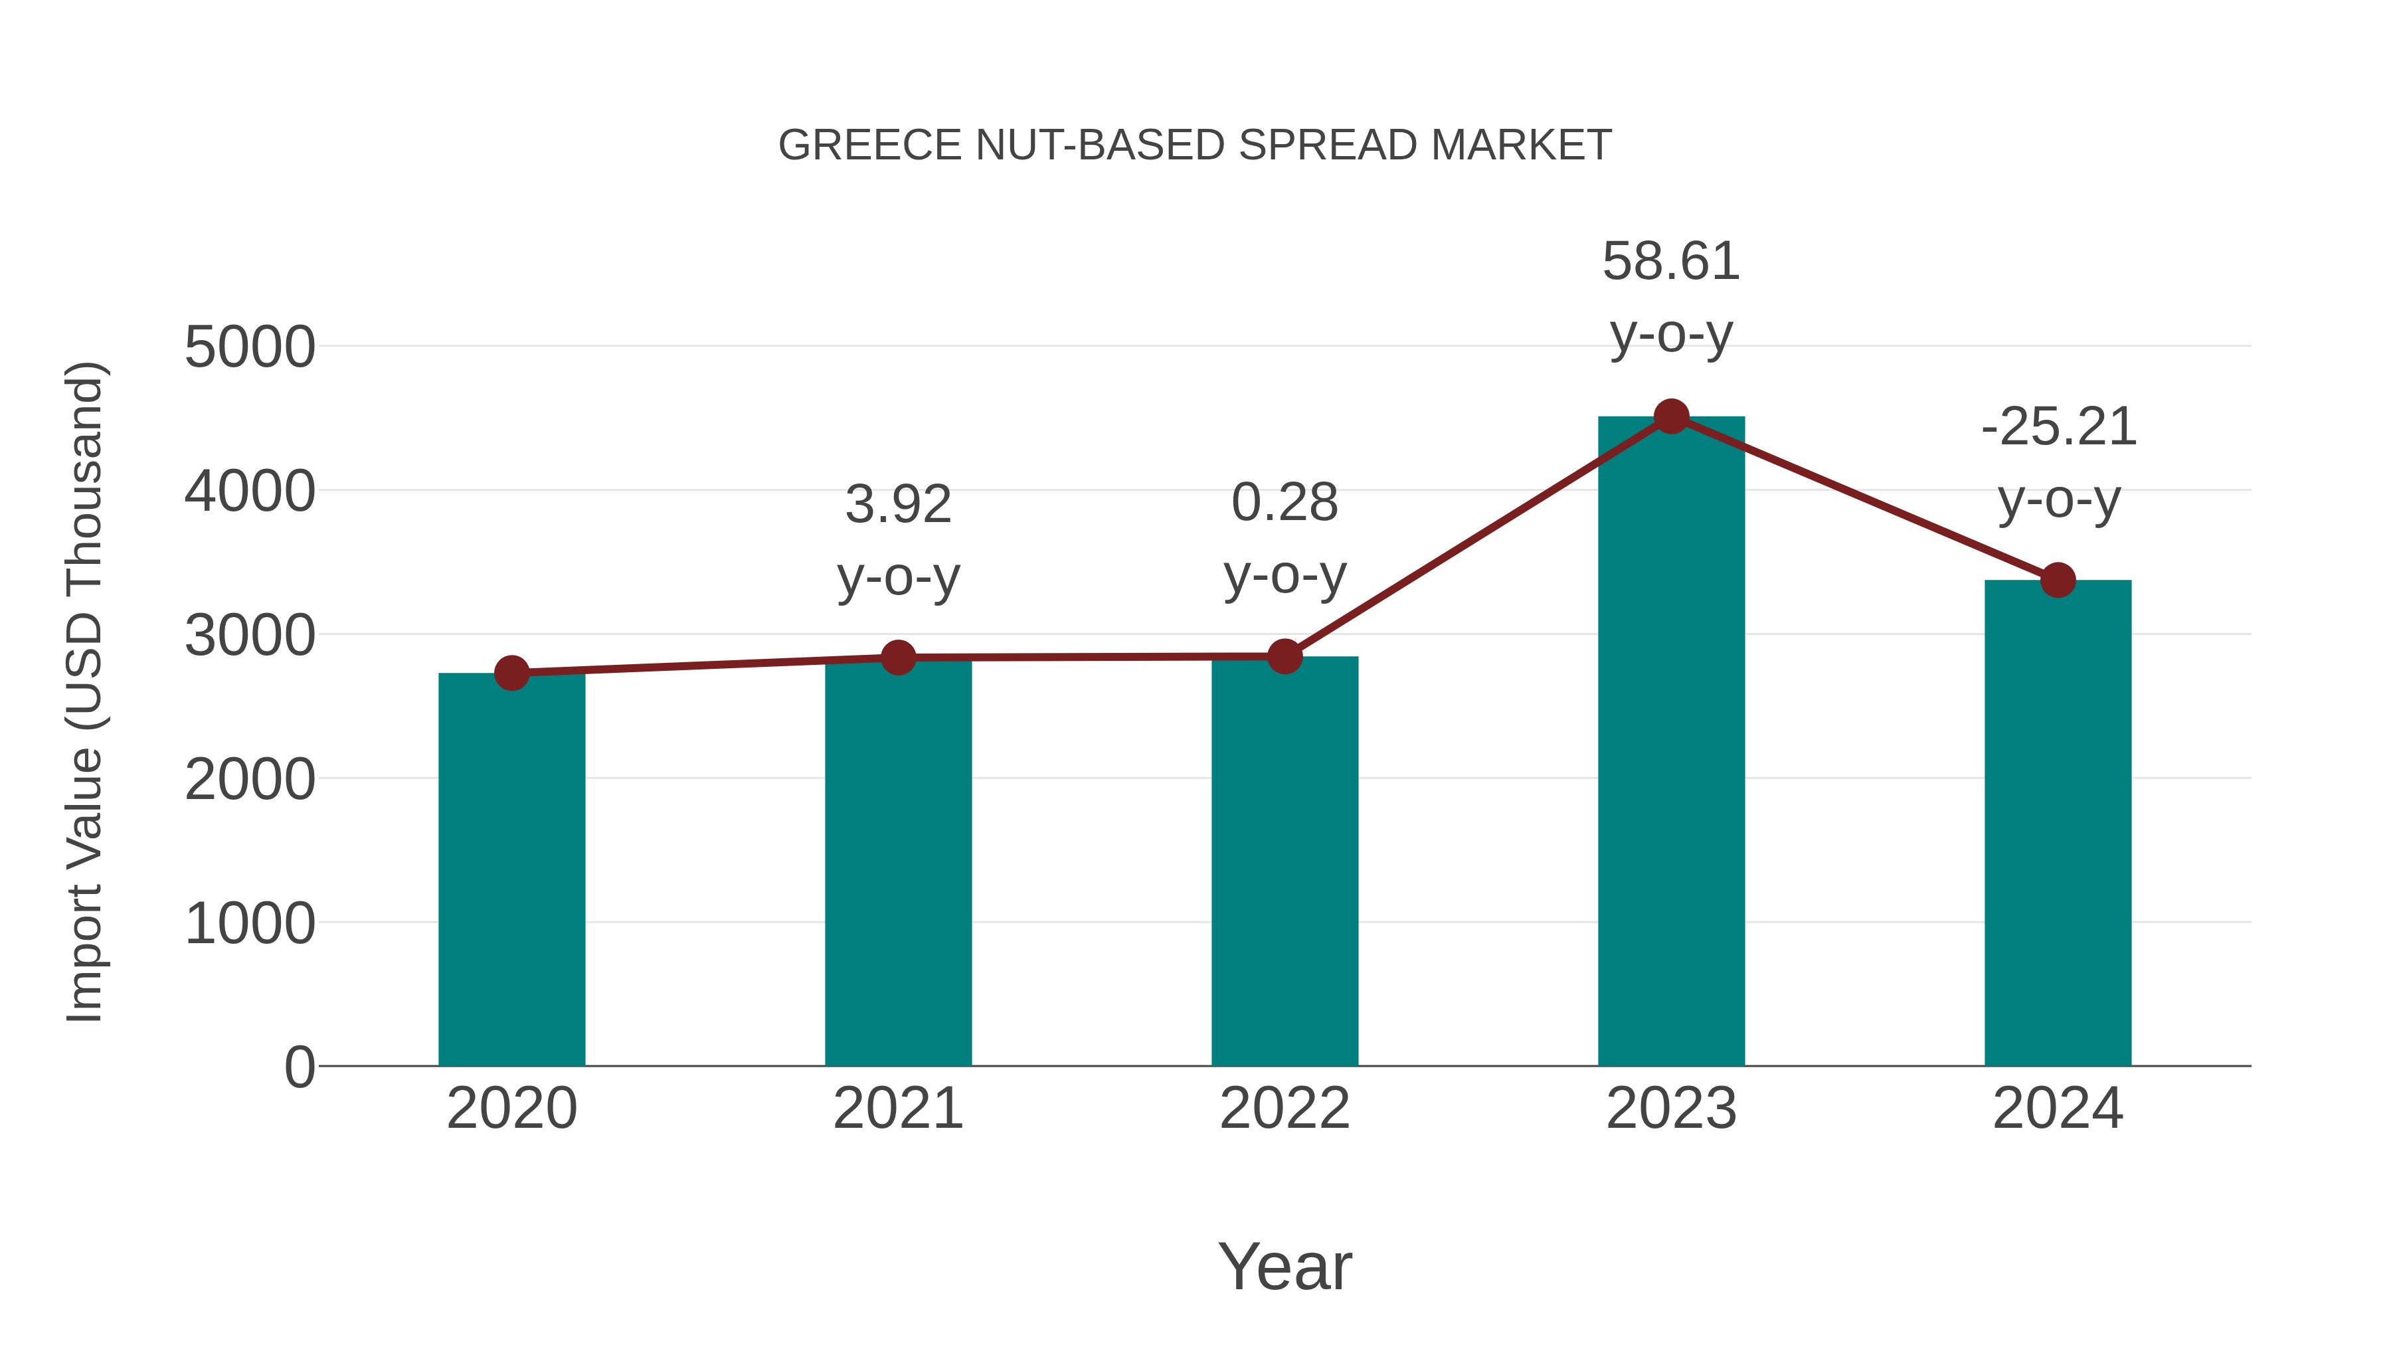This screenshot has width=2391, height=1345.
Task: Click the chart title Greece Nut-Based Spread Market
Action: (1195, 145)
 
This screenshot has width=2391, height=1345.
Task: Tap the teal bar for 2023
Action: (1671, 743)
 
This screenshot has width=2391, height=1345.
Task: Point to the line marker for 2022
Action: (1284, 656)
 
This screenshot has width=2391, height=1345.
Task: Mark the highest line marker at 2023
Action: (1671, 416)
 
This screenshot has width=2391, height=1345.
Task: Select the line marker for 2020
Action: (511, 673)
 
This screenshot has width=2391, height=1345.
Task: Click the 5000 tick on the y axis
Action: (250, 348)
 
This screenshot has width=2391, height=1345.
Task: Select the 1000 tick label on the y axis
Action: (250, 925)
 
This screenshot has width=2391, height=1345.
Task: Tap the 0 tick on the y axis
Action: (299, 1067)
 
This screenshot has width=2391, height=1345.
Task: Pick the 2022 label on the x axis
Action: (1284, 1109)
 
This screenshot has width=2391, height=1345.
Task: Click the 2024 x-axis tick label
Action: (2058, 1109)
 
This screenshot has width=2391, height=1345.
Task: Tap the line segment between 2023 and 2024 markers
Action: (1864, 498)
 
